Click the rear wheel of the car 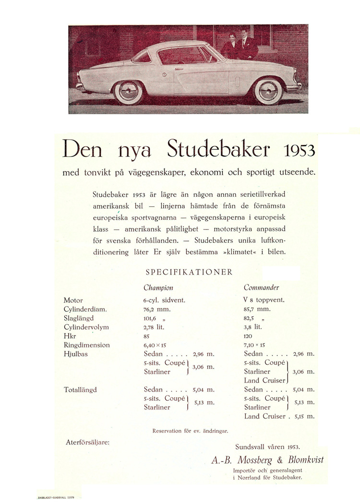[128, 91]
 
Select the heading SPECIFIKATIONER [189, 272]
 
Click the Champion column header [158, 288]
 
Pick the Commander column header [261, 288]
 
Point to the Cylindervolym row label [86, 327]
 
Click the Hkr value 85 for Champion [147, 336]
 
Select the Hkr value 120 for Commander [248, 336]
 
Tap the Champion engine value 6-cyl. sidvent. [164, 300]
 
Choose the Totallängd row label [80, 390]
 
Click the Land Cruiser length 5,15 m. [304, 416]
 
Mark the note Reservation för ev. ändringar [190, 431]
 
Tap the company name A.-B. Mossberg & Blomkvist [267, 460]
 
